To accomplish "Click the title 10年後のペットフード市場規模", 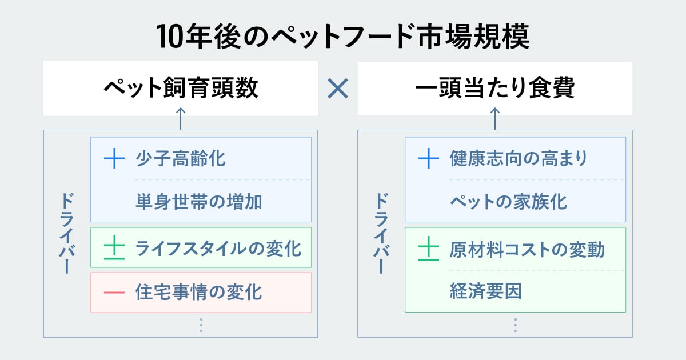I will click(343, 38).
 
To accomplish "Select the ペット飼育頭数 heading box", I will click(181, 89).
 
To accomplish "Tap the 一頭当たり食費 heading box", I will click(495, 89).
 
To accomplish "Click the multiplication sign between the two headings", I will click(338, 89).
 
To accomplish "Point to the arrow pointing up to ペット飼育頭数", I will click(181, 118).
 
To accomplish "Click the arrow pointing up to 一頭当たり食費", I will click(495, 118).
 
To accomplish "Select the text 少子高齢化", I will click(181, 158).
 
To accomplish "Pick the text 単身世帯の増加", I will click(199, 201).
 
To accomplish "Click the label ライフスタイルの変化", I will click(218, 249).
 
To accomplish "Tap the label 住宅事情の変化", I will click(199, 292).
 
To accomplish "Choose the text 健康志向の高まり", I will click(519, 158).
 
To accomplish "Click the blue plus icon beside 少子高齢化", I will click(114, 158).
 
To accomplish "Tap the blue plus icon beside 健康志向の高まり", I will click(429, 158).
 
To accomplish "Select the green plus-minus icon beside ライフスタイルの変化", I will click(114, 249).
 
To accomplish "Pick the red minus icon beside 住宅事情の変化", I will click(114, 292).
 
